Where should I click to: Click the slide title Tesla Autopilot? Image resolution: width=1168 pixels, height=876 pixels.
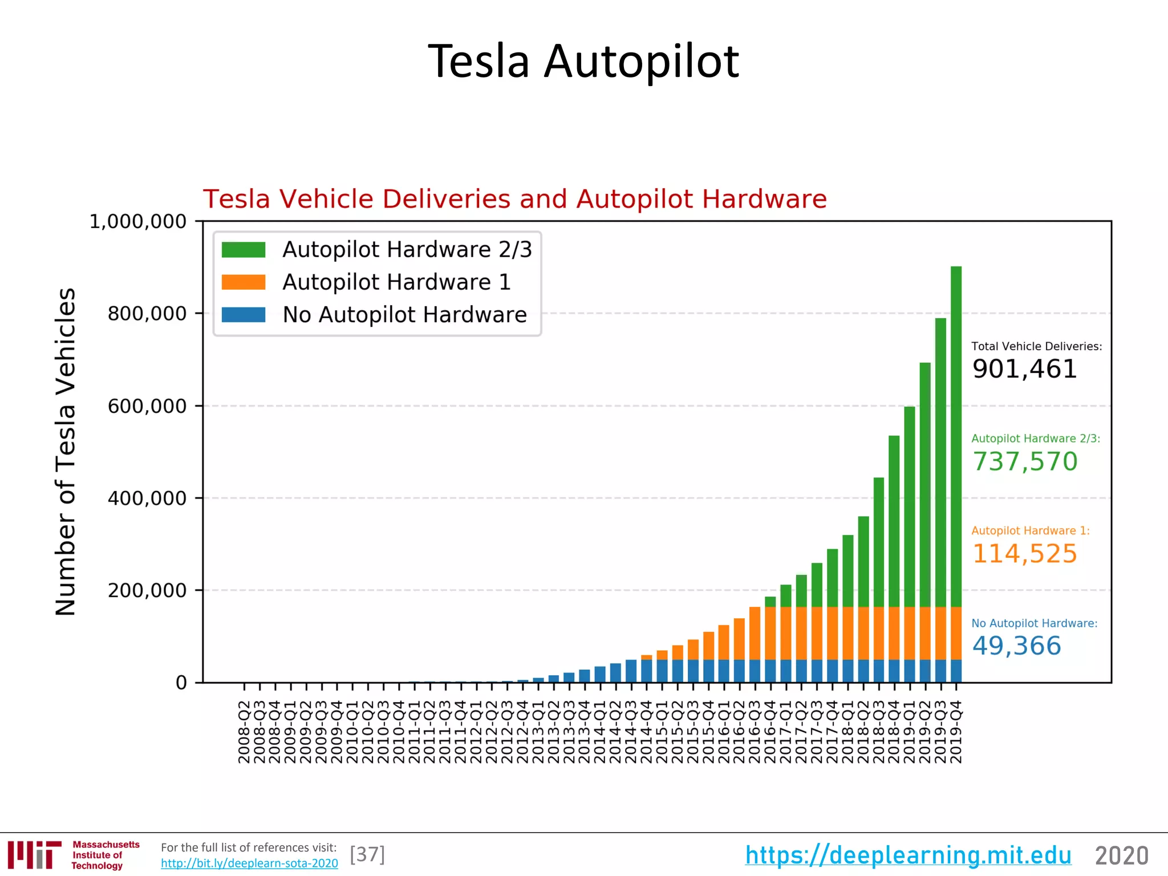583,61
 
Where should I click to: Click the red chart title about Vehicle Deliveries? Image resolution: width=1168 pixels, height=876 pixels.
514,199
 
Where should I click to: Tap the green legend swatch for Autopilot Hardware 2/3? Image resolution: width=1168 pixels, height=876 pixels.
244,250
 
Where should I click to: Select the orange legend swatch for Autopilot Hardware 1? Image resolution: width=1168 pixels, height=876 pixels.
244,282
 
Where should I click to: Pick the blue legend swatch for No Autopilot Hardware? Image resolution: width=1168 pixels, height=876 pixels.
244,315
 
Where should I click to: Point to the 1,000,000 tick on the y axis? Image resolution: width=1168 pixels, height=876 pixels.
138,222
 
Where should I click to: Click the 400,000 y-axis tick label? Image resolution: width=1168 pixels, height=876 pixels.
147,498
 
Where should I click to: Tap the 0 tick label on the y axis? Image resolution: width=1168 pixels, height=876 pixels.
181,683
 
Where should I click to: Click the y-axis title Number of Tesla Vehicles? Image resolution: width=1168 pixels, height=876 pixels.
66,452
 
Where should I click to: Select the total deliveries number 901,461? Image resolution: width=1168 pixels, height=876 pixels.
1024,369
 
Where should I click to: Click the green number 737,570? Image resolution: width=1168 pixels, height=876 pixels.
1024,461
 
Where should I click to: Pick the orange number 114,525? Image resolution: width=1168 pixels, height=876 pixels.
1024,554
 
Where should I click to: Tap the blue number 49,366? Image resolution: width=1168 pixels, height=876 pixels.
1016,646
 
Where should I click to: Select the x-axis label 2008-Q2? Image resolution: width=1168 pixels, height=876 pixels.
244,732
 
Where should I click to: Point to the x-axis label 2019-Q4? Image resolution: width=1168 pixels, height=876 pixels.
956,732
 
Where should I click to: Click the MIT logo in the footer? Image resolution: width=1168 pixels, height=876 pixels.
35,855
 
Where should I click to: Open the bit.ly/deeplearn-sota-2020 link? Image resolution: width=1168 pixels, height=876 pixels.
249,863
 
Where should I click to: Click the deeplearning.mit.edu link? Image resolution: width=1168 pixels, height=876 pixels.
908,855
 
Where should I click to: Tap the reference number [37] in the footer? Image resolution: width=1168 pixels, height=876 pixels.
367,854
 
